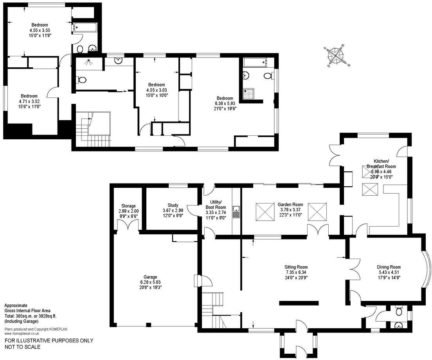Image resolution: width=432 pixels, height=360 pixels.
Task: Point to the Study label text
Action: click(173, 205)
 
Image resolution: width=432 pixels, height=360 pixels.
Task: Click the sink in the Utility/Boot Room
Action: click(236, 212)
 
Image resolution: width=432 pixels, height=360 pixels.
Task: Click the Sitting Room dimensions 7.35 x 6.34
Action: click(296, 272)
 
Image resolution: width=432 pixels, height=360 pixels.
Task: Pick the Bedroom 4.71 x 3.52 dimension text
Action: click(29, 101)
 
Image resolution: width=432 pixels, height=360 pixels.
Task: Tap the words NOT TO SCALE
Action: click(22, 347)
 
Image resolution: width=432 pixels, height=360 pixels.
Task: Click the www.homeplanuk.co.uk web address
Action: click(22, 334)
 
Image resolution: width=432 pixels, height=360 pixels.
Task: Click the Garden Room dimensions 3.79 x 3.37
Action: click(290, 209)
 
